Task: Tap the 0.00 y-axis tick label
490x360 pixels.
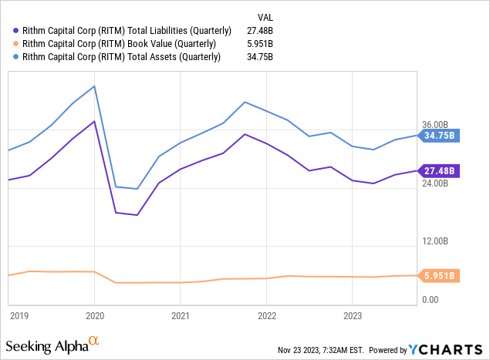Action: (429, 300)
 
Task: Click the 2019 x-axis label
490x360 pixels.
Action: (19, 315)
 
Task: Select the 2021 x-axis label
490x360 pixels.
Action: (180, 315)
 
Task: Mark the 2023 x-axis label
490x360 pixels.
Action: (352, 315)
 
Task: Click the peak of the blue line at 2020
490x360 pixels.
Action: (94, 86)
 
